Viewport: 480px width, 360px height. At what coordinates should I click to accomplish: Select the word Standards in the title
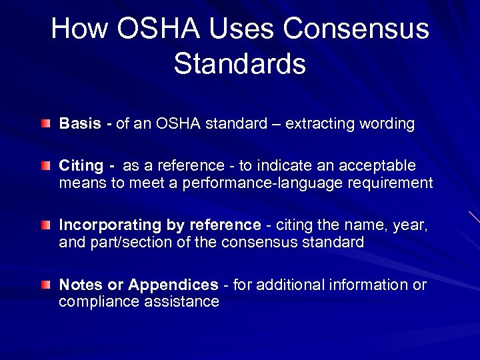(x=239, y=64)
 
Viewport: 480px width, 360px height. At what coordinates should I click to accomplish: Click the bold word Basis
(x=79, y=124)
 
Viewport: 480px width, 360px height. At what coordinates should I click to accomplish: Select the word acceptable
(x=381, y=165)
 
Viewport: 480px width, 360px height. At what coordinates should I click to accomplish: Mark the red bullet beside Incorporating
(x=45, y=225)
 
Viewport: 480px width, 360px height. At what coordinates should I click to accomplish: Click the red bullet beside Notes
(x=45, y=285)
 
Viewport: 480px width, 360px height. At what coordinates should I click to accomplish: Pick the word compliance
(x=96, y=302)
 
